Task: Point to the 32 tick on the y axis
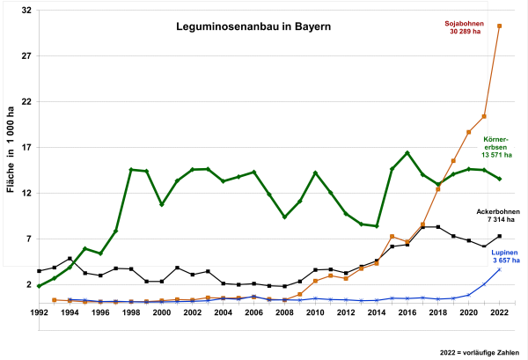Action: pos(26,10)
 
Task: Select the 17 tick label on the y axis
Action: pos(26,147)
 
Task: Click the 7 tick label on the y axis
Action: pos(28,239)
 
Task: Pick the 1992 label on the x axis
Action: pos(39,312)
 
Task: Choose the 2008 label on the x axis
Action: pos(284,312)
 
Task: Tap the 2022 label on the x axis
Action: pos(499,312)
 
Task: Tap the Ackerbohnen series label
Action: pos(498,212)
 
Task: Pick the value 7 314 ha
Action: pos(498,222)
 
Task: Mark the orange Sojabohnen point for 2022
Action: pos(500,26)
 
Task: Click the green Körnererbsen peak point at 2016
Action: pos(407,153)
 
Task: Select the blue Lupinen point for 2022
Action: pos(500,269)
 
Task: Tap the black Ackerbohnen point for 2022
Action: pos(500,236)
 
